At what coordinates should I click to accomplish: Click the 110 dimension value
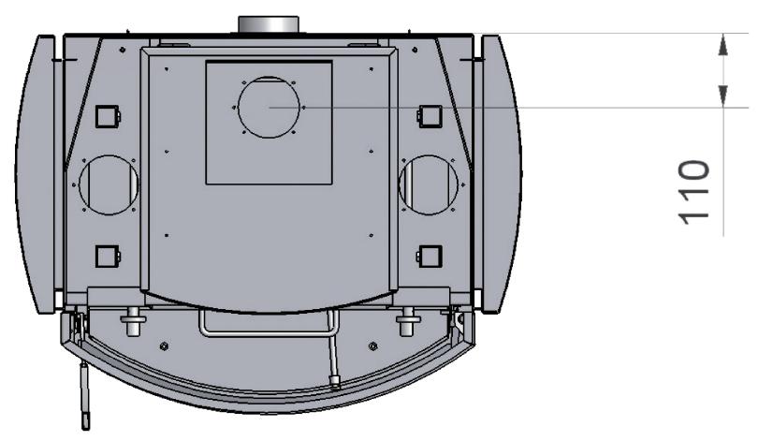click(x=694, y=193)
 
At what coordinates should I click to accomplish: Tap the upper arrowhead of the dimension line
click(x=722, y=45)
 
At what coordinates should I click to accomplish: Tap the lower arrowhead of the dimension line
click(x=722, y=96)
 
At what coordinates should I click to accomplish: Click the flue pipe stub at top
click(x=269, y=24)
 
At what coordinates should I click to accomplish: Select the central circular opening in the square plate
click(x=269, y=77)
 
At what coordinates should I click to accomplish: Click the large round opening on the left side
click(x=109, y=155)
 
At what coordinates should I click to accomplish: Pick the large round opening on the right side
click(x=429, y=155)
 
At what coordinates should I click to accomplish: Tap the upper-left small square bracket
click(x=108, y=116)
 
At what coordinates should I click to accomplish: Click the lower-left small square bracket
click(x=108, y=257)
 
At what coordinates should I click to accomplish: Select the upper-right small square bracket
click(x=430, y=116)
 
